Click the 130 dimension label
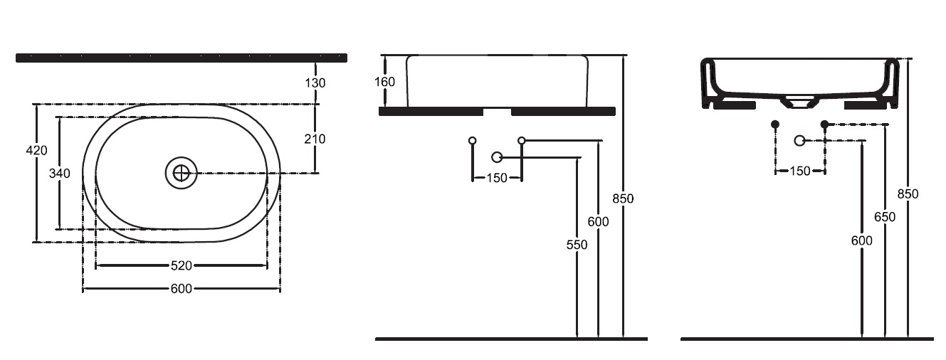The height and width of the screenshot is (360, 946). pos(315,83)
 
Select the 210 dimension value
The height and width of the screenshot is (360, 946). pos(315,139)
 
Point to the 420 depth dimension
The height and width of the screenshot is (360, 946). pos(36,150)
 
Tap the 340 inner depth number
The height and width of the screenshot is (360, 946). pos(60,174)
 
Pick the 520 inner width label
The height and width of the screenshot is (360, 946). pos(181,266)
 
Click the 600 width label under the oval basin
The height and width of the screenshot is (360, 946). pos(181,289)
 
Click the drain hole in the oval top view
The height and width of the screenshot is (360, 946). pos(182,172)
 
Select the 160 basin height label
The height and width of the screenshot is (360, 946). pos(384,82)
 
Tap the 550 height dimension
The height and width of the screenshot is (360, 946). pos(577,245)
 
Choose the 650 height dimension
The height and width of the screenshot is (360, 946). pos(885,217)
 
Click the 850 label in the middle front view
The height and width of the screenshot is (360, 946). pos(623,198)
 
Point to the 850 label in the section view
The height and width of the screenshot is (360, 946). pos(908,194)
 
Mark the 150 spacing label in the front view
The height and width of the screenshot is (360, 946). pos(497,178)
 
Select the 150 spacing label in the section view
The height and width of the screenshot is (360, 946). pos(800,171)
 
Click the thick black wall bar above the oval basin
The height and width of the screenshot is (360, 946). pos(182,58)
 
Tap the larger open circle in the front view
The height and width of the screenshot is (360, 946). pos(497,157)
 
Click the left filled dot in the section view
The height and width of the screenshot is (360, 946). pos(775,125)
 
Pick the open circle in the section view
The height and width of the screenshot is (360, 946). pos(799,141)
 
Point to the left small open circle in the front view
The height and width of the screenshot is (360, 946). pos(472,140)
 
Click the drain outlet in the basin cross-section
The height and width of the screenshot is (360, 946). pos(800,102)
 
